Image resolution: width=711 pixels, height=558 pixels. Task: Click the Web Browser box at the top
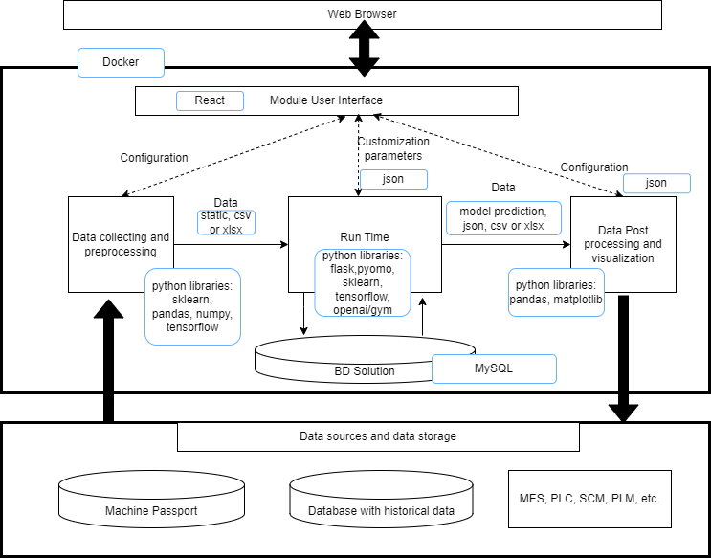(x=362, y=14)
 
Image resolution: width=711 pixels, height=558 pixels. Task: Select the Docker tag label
(x=121, y=62)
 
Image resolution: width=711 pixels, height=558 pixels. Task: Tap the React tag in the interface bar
(x=210, y=100)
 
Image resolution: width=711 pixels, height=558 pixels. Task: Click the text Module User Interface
(x=325, y=100)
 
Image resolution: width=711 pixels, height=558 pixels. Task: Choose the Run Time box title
(x=365, y=237)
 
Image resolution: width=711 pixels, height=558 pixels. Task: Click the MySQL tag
(x=493, y=368)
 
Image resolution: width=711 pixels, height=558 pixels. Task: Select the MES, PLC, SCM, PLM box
(x=589, y=499)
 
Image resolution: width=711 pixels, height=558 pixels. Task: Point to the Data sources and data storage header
(x=378, y=436)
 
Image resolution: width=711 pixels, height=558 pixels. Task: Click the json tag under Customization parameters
(x=393, y=179)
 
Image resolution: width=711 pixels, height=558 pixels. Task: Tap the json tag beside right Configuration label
(x=656, y=183)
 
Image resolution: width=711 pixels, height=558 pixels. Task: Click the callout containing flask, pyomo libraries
(x=363, y=282)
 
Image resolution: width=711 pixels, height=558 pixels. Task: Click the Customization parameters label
(x=393, y=148)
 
